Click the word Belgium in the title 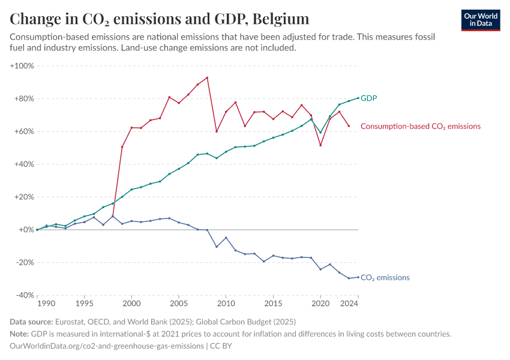281,19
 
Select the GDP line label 368,98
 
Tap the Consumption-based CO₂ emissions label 420,127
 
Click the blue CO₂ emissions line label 385,278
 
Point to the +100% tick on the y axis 22,66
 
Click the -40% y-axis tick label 24,295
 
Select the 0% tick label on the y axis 26,230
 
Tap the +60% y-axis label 24,131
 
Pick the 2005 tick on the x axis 179,304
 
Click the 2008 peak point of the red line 207,77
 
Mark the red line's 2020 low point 320,145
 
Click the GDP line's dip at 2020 320,133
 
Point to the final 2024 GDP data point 358,98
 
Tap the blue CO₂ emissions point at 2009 217,247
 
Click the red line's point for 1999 122,147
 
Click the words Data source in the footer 31,322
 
